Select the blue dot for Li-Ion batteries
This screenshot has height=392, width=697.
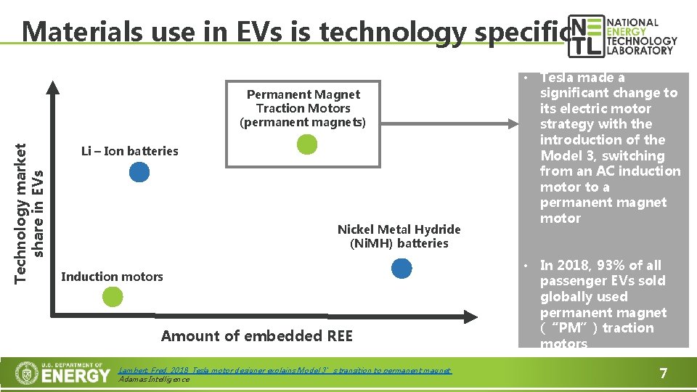tap(139, 172)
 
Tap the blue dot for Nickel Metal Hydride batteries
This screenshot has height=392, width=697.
tap(401, 269)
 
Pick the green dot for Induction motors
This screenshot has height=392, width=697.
tap(112, 296)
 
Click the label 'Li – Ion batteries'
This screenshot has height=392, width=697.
tap(129, 151)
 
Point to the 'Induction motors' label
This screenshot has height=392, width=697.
tap(112, 277)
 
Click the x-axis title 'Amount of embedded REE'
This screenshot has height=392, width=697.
tap(256, 335)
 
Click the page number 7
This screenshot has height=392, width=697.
tap(662, 374)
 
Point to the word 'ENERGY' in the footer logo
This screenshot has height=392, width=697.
tap(76, 375)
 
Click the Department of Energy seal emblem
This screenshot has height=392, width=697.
tap(27, 374)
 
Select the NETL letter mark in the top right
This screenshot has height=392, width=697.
tap(584, 36)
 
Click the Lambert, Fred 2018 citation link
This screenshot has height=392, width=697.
tap(284, 370)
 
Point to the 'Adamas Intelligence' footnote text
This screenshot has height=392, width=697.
tap(153, 379)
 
